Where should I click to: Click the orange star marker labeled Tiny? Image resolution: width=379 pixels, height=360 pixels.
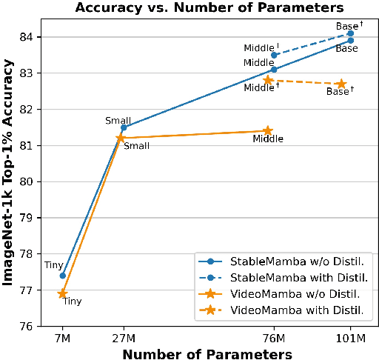pyautogui.click(x=63, y=293)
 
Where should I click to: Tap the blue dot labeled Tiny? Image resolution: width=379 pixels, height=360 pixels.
pyautogui.click(x=63, y=276)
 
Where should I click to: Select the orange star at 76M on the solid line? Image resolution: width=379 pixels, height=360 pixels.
pyautogui.click(x=268, y=131)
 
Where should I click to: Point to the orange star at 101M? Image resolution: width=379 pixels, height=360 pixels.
pyautogui.click(x=341, y=84)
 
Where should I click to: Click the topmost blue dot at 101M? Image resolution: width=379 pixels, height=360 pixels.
pyautogui.click(x=350, y=33)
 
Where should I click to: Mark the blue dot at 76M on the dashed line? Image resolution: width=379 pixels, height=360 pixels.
pyautogui.click(x=274, y=55)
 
